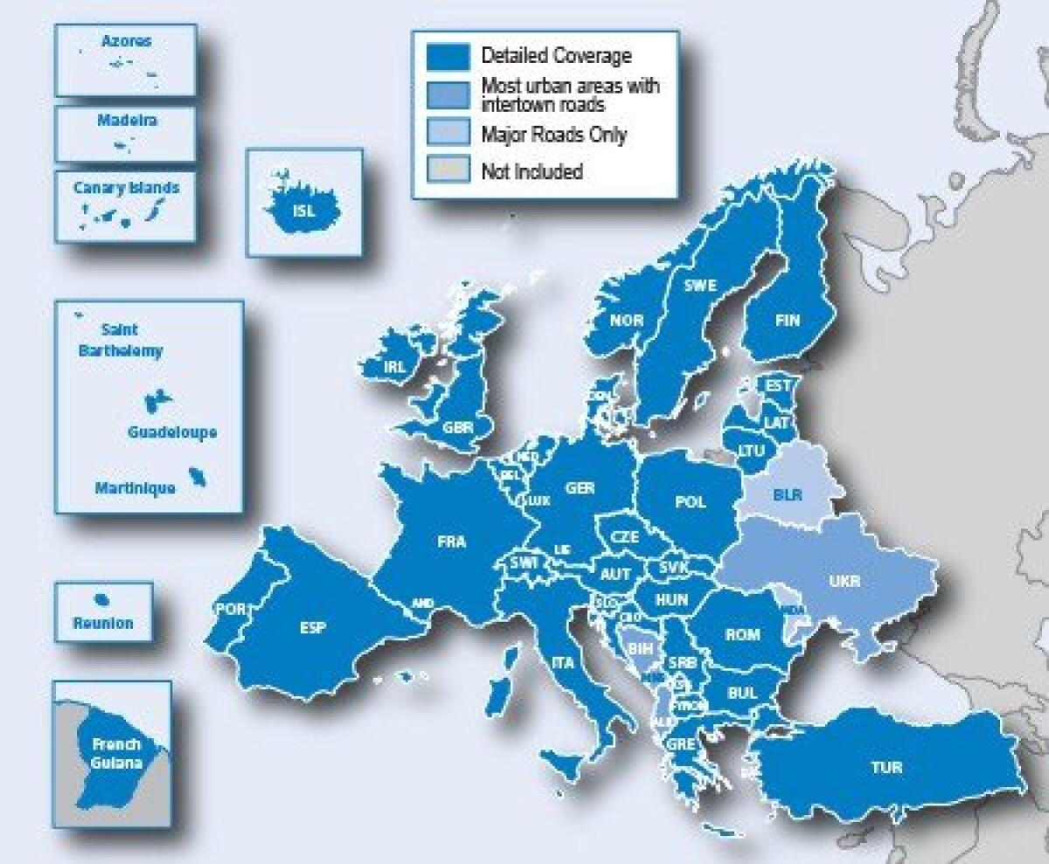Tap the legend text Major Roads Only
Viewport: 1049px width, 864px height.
pyautogui.click(x=553, y=135)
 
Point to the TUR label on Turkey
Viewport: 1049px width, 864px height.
pyautogui.click(x=886, y=769)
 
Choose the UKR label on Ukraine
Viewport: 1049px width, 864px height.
pyautogui.click(x=844, y=581)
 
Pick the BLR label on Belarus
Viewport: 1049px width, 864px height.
pyautogui.click(x=788, y=495)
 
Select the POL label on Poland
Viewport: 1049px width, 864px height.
pyautogui.click(x=690, y=502)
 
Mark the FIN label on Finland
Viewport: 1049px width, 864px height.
pyautogui.click(x=787, y=321)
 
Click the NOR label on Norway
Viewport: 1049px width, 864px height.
pyautogui.click(x=627, y=321)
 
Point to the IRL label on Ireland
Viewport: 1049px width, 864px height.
pyautogui.click(x=394, y=367)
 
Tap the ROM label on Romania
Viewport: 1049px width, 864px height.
pyautogui.click(x=742, y=635)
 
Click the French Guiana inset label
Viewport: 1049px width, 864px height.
pyautogui.click(x=115, y=754)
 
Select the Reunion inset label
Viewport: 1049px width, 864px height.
pyautogui.click(x=103, y=624)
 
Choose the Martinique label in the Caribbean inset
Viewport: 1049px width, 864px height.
pyautogui.click(x=135, y=488)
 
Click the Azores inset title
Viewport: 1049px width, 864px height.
pyautogui.click(x=126, y=41)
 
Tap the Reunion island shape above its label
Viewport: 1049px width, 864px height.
pyautogui.click(x=102, y=601)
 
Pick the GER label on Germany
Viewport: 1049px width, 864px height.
pyautogui.click(x=580, y=488)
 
